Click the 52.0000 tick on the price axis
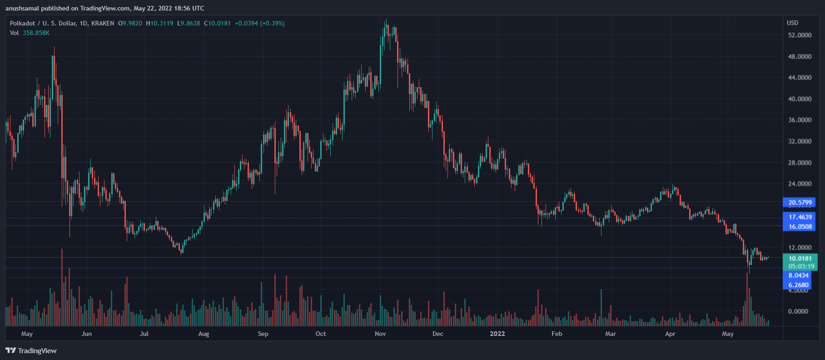(x=800, y=35)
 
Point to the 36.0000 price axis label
(x=800, y=120)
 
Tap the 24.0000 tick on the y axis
(x=800, y=184)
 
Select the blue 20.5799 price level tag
(x=800, y=202)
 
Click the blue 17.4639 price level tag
(x=800, y=217)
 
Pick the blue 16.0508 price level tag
(x=800, y=226)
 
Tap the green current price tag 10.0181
(x=800, y=258)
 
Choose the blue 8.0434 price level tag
(x=798, y=275)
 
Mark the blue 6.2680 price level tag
(x=798, y=285)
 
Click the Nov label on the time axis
(x=380, y=334)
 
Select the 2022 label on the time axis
(x=497, y=334)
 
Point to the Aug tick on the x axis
(x=204, y=334)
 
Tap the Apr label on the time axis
(x=670, y=334)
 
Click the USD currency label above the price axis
(x=792, y=23)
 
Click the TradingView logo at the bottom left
(x=31, y=350)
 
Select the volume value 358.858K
(x=36, y=33)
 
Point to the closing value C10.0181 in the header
(x=218, y=23)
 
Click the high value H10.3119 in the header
(x=159, y=23)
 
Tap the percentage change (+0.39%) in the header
(x=272, y=23)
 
